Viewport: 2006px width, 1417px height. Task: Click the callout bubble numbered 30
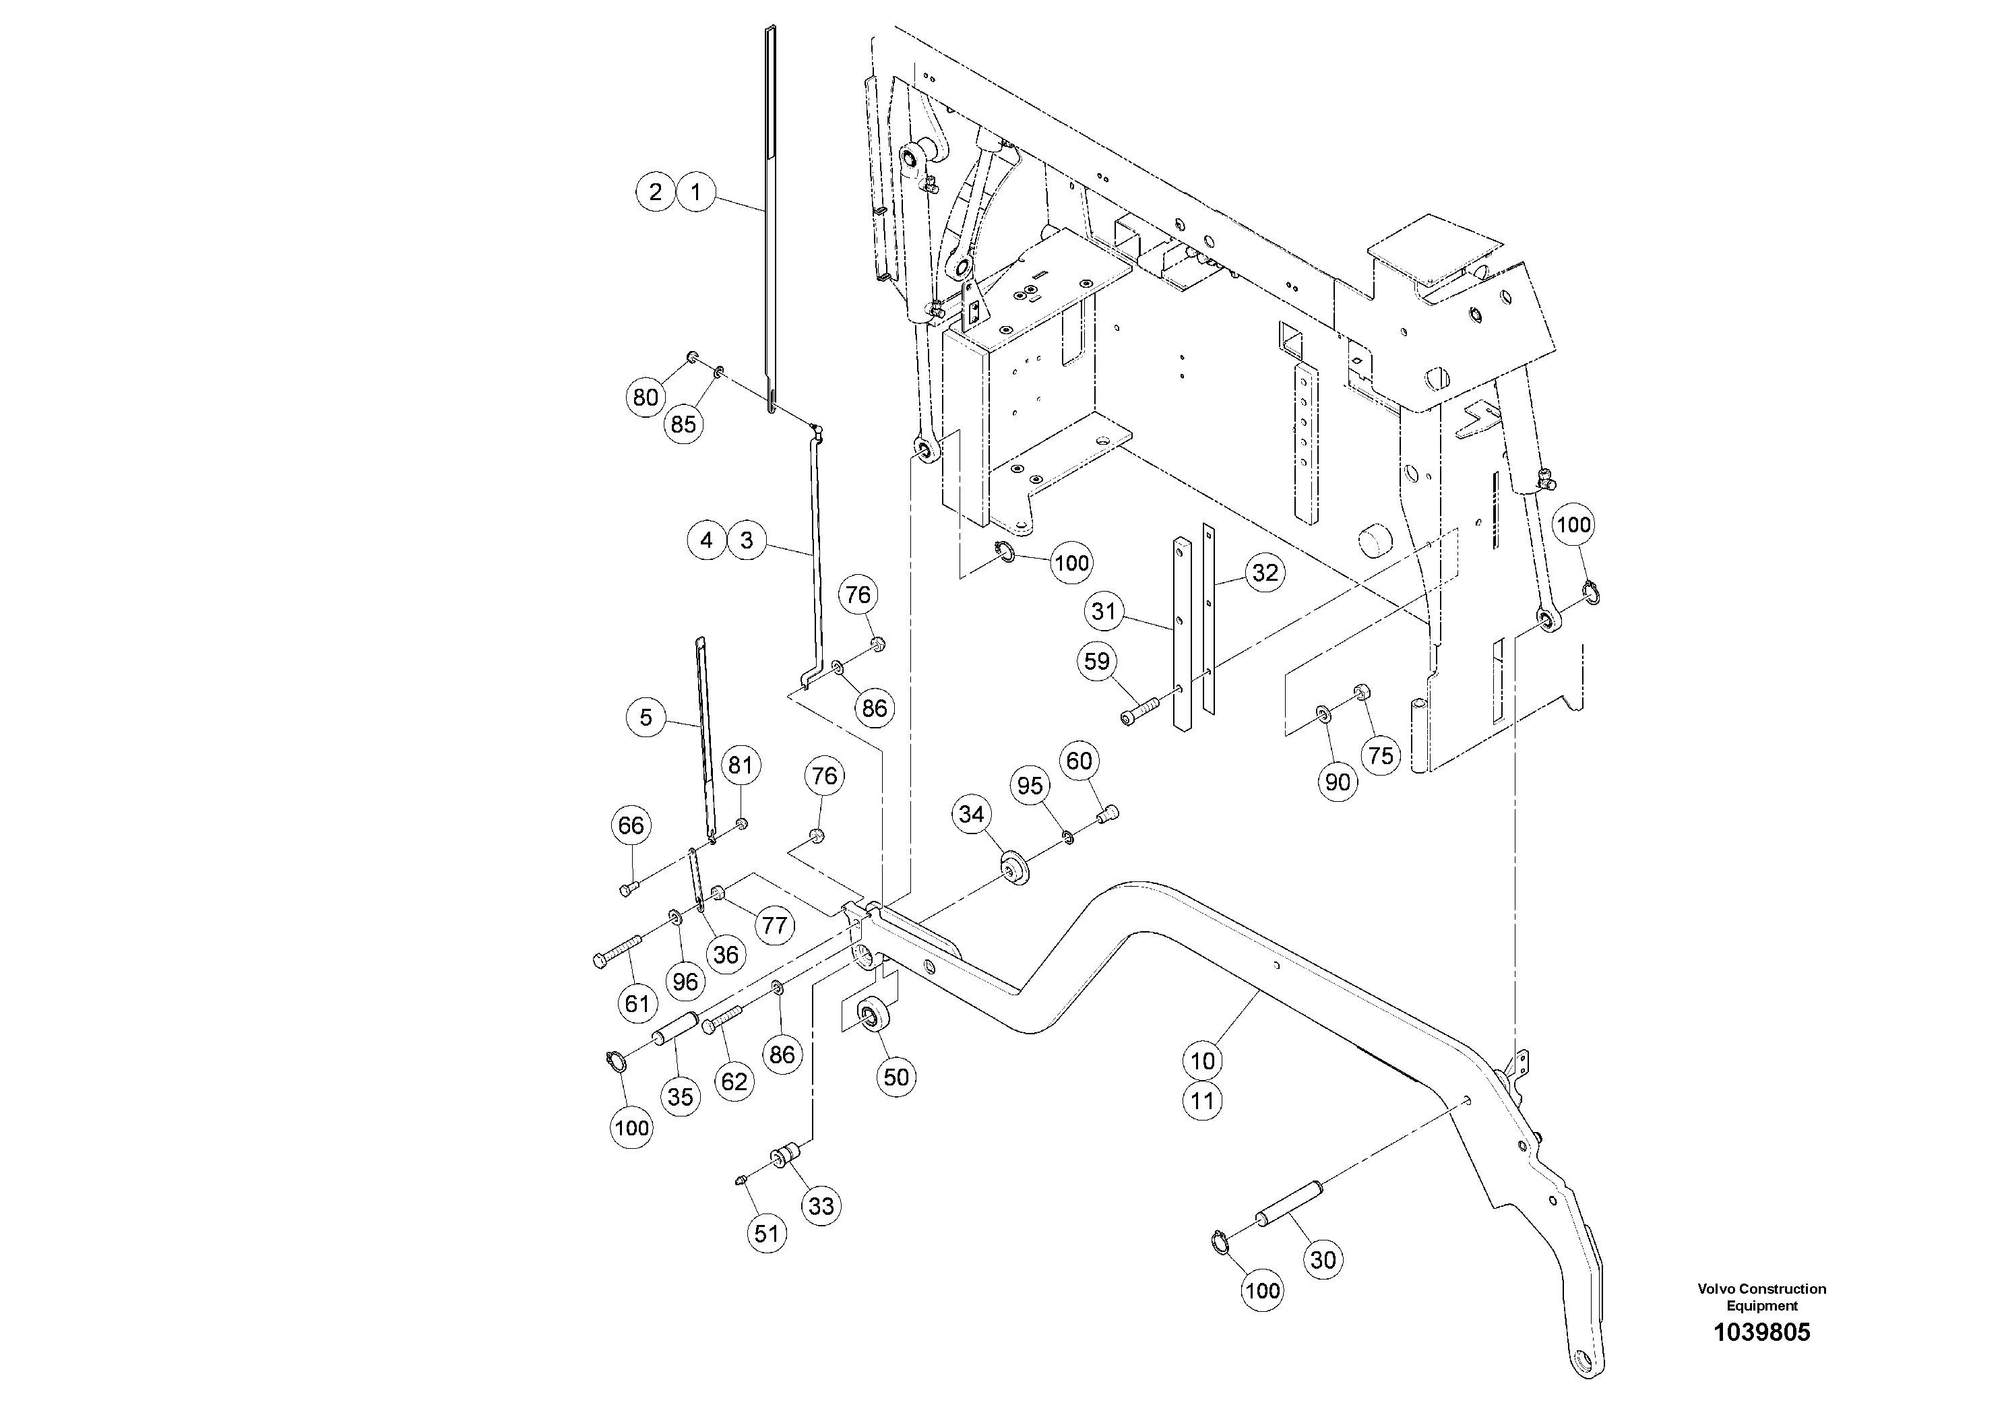pyautogui.click(x=1323, y=1260)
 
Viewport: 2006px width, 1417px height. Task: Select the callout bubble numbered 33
pyautogui.click(x=821, y=1207)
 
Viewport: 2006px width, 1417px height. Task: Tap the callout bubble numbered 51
pyautogui.click(x=766, y=1234)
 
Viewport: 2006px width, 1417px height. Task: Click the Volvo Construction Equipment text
pyautogui.click(x=1761, y=1296)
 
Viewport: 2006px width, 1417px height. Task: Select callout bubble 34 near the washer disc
pyautogui.click(x=972, y=814)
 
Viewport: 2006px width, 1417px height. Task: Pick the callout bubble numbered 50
pyautogui.click(x=896, y=1077)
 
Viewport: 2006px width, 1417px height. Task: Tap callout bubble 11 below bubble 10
pyautogui.click(x=1203, y=1101)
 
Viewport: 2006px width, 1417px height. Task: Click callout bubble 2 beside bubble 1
pyautogui.click(x=655, y=191)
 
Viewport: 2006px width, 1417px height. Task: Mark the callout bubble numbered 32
pyautogui.click(x=1265, y=573)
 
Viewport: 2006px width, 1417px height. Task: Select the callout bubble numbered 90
pyautogui.click(x=1338, y=782)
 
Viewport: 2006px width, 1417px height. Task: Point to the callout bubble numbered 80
pyautogui.click(x=646, y=398)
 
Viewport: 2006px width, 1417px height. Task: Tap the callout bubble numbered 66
pyautogui.click(x=631, y=825)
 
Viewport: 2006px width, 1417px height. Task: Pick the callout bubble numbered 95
pyautogui.click(x=1030, y=786)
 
